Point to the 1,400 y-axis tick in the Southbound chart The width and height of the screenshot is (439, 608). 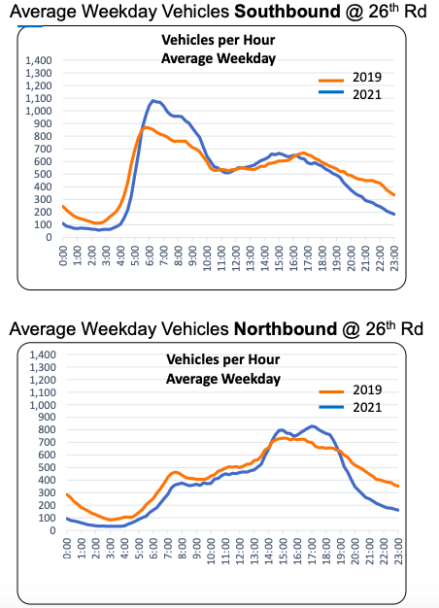point(35,60)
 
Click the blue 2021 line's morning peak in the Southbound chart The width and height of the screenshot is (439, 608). point(153,100)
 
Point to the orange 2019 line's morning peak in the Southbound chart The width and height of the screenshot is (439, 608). point(146,127)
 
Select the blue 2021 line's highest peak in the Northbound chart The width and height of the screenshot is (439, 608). point(311,425)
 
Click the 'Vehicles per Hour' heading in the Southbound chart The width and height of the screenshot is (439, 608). point(219,42)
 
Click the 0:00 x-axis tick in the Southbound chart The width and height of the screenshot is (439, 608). point(63,254)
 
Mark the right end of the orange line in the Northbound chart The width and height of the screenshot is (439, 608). point(398,486)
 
